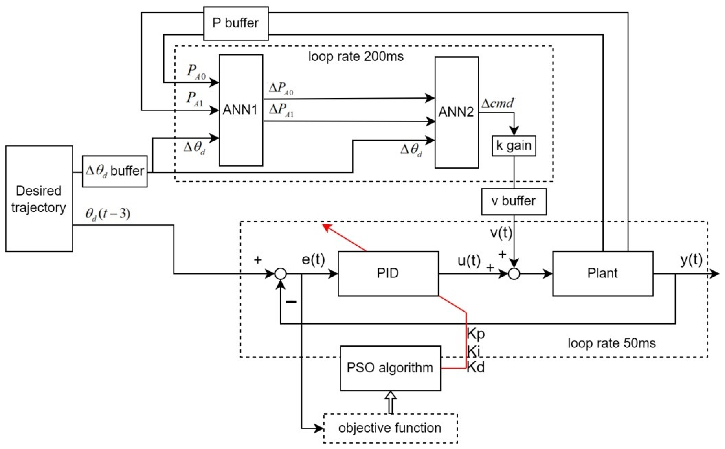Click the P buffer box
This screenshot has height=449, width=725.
click(236, 23)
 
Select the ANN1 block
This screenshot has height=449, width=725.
click(241, 110)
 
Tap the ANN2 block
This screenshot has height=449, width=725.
click(456, 112)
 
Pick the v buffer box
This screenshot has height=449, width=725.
click(513, 201)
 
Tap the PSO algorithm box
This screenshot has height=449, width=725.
click(390, 368)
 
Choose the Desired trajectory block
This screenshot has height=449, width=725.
click(39, 199)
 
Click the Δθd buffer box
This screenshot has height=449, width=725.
click(115, 171)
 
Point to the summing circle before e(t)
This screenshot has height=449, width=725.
click(281, 274)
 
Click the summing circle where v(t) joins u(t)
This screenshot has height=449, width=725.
click(514, 274)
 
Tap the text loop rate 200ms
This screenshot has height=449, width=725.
click(356, 56)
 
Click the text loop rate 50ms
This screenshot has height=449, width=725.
click(611, 343)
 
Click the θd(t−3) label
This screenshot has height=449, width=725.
click(108, 214)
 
